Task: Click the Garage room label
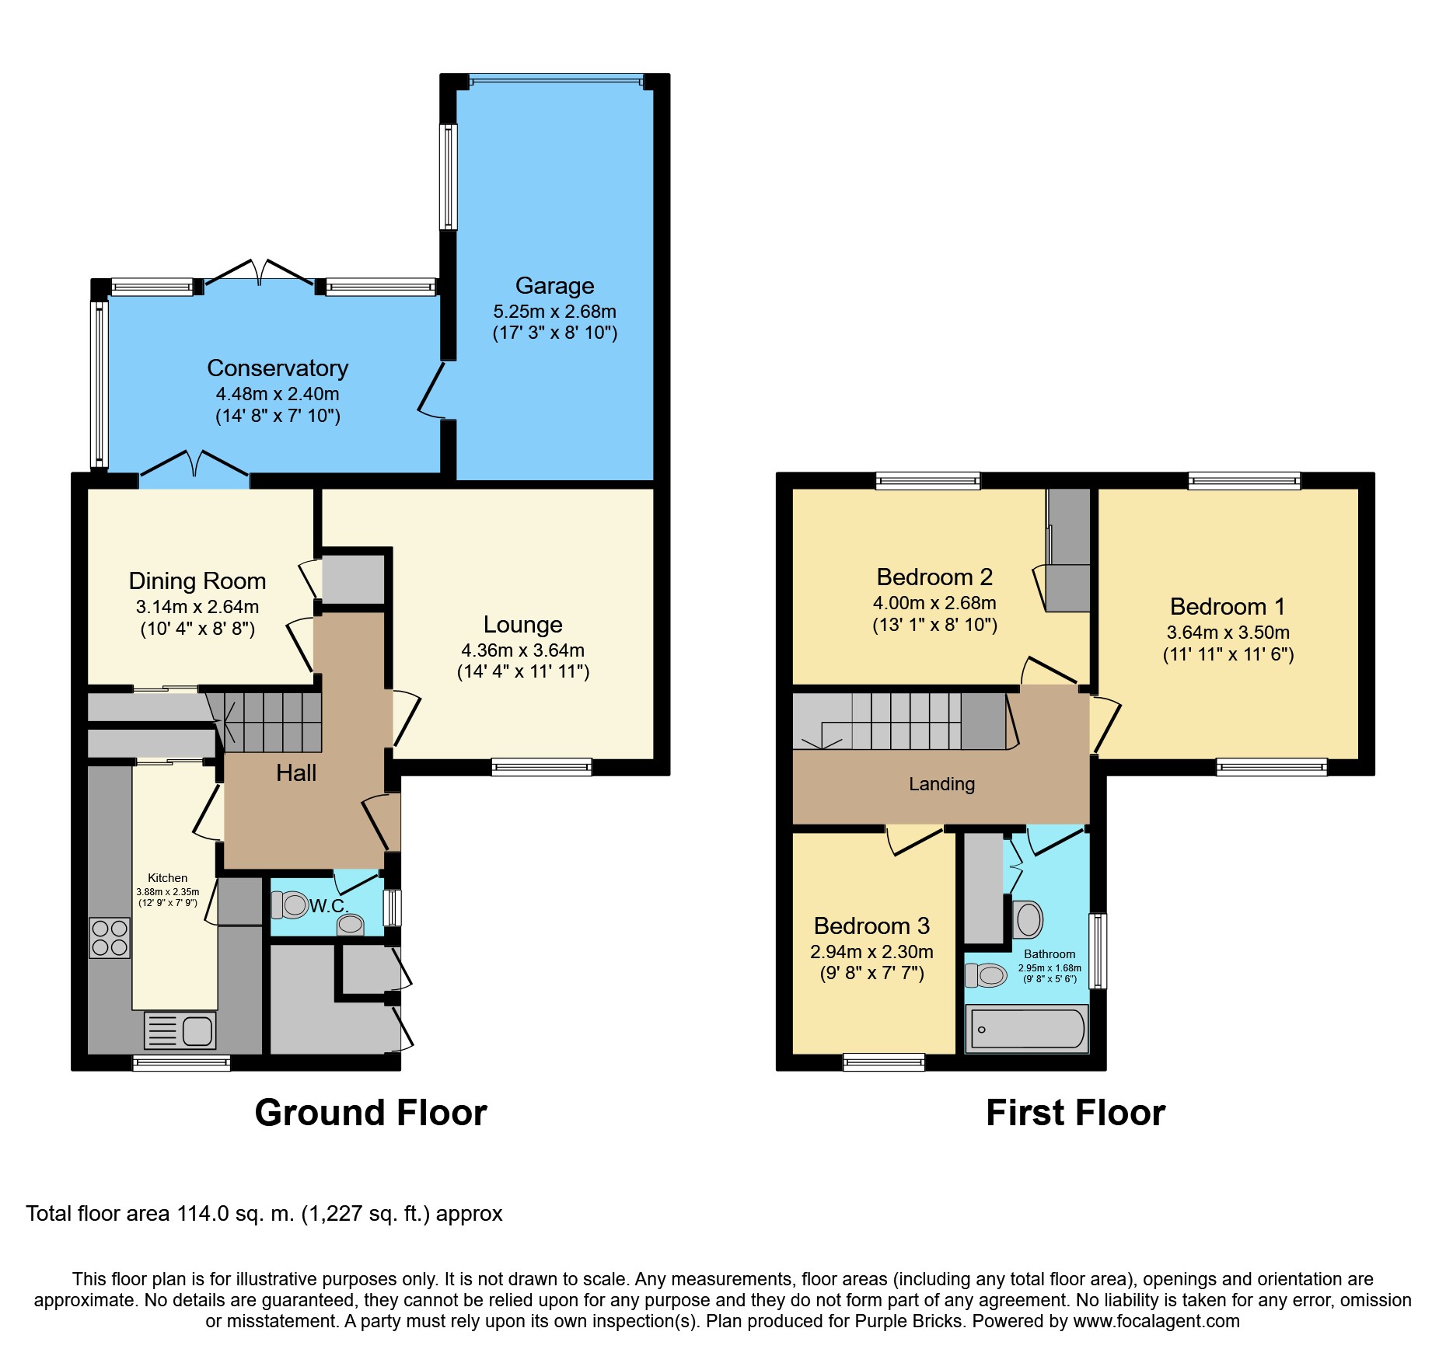(554, 286)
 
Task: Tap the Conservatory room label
(278, 368)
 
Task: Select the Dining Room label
(197, 581)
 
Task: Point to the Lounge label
(522, 625)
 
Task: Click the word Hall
(296, 773)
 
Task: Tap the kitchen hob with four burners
(110, 938)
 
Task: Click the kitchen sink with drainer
(180, 1031)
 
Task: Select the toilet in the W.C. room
(290, 905)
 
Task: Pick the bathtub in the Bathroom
(1026, 1029)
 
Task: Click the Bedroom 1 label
(1228, 607)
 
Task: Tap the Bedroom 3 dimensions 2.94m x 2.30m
(871, 952)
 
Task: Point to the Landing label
(941, 784)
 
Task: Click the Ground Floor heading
(371, 1113)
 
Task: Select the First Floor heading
(1075, 1113)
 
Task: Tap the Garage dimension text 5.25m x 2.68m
(554, 312)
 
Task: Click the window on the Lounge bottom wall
(542, 768)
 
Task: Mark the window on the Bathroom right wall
(1098, 951)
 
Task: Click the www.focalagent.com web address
(1157, 1321)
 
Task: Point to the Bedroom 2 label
(934, 577)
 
